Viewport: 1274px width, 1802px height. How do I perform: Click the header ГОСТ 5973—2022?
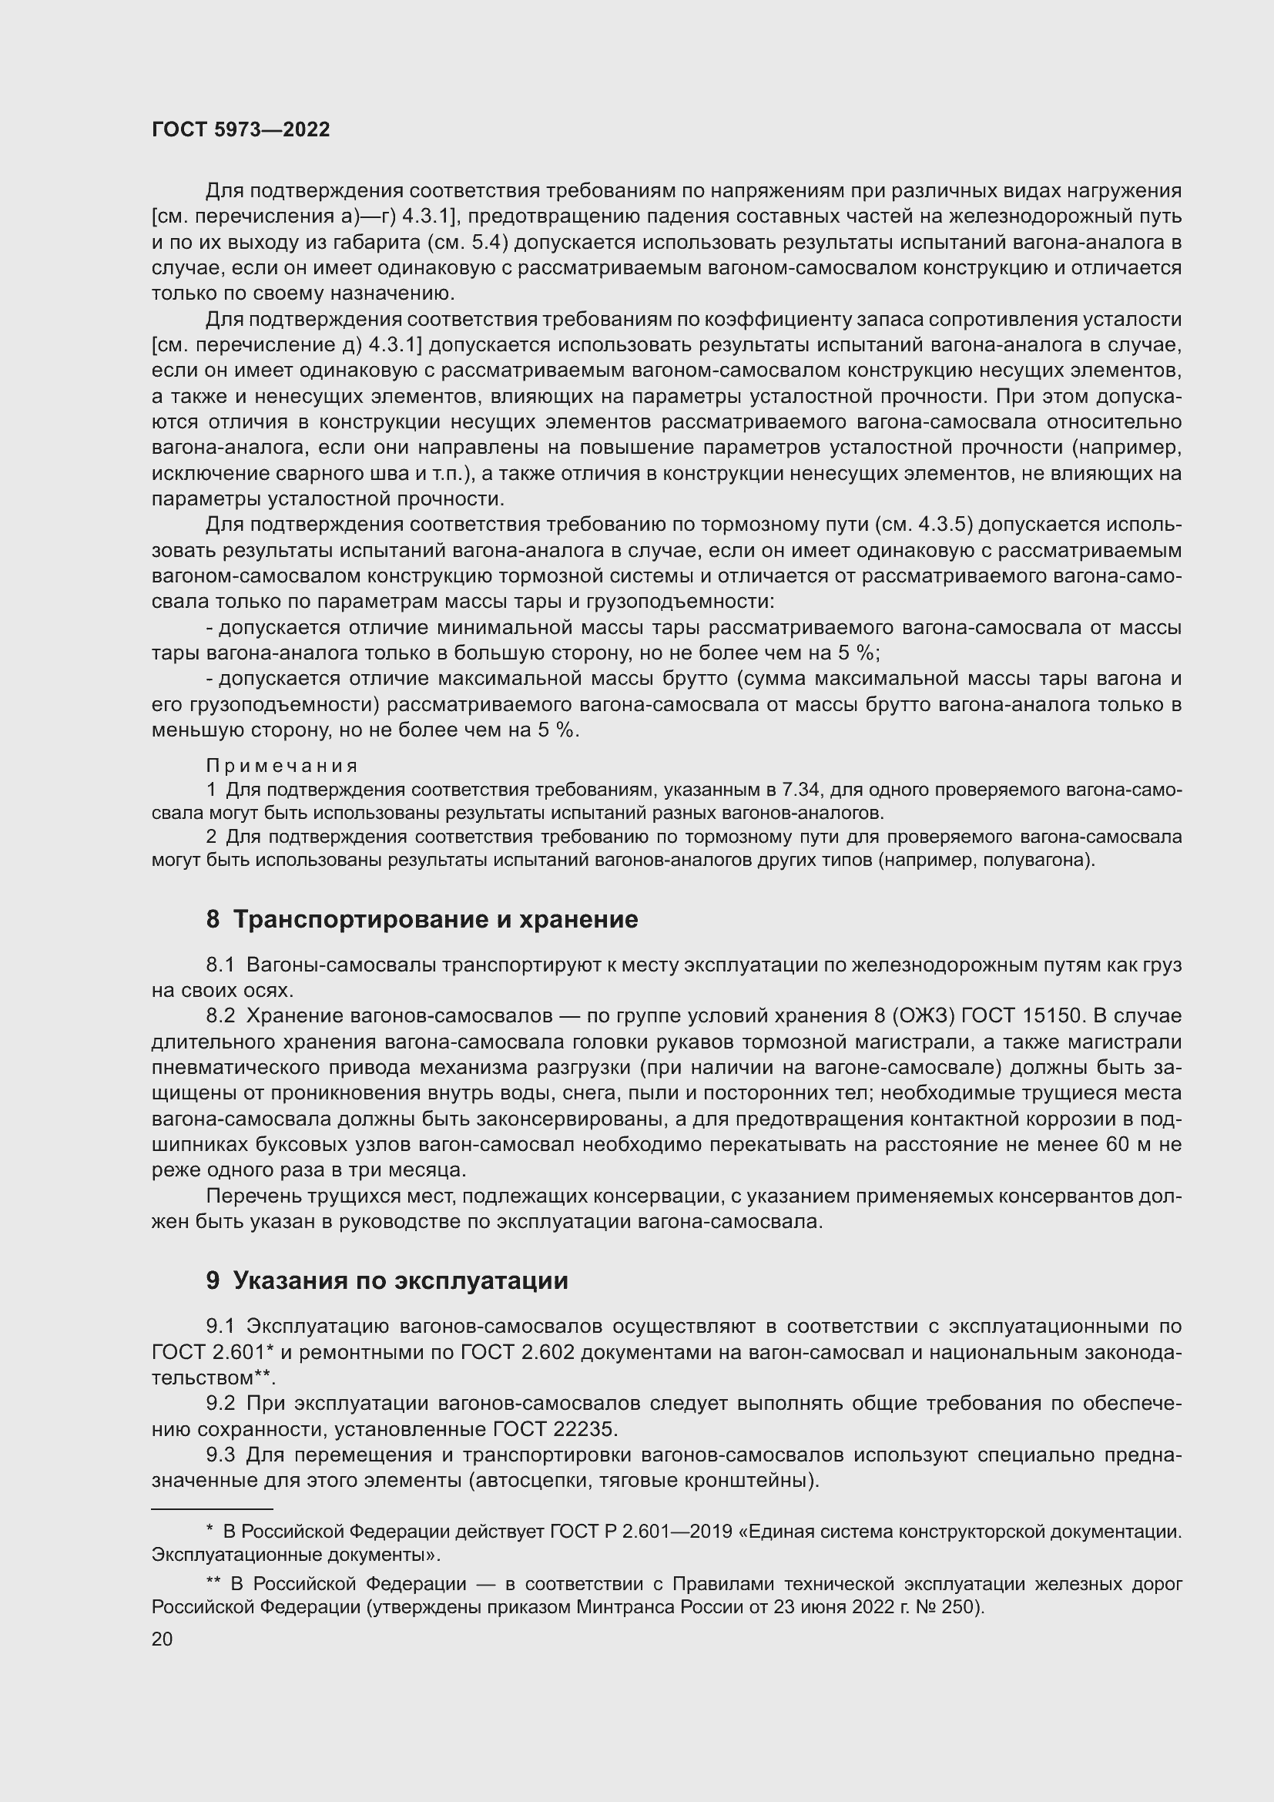240,130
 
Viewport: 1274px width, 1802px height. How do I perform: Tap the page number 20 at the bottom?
162,1639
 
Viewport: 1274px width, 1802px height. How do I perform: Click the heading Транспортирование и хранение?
435,919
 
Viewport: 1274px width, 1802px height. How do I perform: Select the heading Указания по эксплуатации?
400,1280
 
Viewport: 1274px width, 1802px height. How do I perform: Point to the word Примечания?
283,765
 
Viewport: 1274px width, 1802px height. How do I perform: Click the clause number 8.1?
220,965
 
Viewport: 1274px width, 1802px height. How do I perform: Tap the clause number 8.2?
220,1015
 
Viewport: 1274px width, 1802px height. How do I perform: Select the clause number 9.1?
220,1327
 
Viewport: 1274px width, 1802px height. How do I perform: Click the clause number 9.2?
220,1402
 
